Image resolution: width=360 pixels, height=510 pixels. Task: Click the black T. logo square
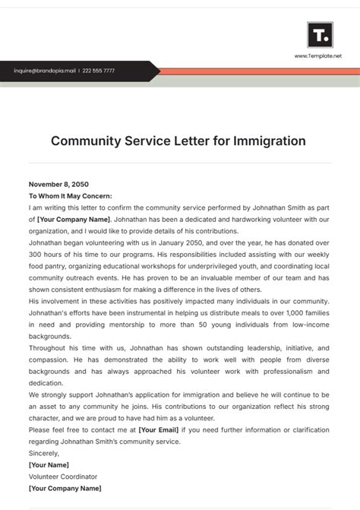pyautogui.click(x=319, y=35)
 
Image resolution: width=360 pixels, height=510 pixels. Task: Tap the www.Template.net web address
pyautogui.click(x=318, y=56)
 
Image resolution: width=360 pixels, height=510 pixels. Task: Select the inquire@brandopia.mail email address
pyautogui.click(x=45, y=71)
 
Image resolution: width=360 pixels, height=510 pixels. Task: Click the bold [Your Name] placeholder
pyautogui.click(x=49, y=464)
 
